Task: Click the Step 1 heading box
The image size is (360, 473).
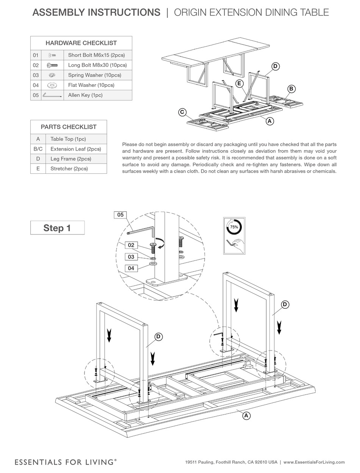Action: [x=57, y=228]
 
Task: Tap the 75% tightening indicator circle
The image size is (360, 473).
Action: [x=234, y=227]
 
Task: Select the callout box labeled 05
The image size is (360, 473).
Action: [x=120, y=215]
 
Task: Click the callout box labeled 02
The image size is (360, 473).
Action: [x=131, y=245]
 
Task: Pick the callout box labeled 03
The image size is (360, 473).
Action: [x=131, y=257]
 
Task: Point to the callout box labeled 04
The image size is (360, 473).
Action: [x=131, y=268]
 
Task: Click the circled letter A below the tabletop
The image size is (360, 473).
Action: [x=246, y=416]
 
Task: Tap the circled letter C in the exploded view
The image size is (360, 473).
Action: [x=182, y=112]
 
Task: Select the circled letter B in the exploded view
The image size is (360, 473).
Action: [x=291, y=89]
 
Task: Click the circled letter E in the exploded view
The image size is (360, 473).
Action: [x=239, y=83]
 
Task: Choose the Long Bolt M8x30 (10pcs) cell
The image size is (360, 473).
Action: [x=97, y=65]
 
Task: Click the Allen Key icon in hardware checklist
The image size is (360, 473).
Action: [x=52, y=95]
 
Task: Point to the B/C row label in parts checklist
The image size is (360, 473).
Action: [x=38, y=149]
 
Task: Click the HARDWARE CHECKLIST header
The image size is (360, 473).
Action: [x=81, y=43]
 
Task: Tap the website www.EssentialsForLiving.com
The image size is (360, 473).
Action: [x=314, y=462]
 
